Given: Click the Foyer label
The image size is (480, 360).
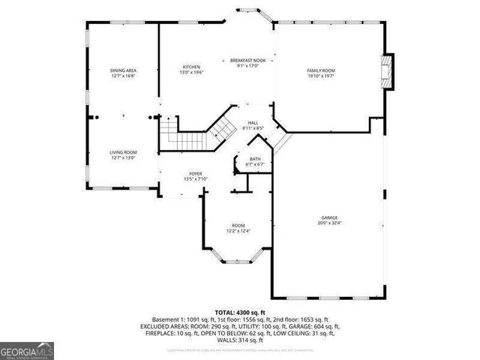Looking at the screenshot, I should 195,173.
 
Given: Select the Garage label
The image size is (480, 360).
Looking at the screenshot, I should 330,217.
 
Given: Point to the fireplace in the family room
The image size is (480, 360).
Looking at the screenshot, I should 387,71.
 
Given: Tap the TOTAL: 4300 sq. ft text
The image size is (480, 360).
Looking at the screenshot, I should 239,313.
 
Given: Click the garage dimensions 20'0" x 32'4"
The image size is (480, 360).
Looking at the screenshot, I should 330,223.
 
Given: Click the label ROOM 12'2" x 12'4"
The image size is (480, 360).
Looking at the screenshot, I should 238,228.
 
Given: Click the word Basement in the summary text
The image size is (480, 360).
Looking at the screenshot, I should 166,319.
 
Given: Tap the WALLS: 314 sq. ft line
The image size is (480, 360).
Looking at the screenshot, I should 239,340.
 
